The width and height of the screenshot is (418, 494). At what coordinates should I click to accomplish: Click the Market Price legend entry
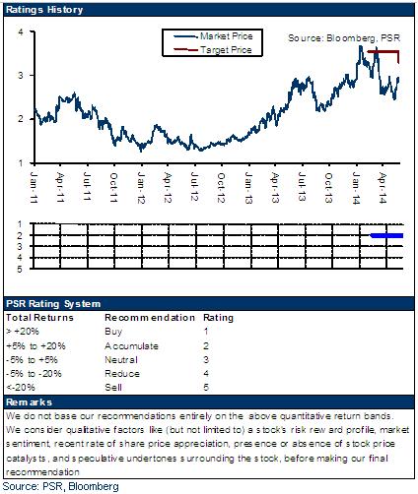[213, 36]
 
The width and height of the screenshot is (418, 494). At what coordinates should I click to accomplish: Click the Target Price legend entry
[213, 50]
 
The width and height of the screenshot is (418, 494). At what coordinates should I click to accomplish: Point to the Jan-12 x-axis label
[141, 188]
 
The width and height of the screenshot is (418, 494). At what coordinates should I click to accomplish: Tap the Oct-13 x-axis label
[328, 188]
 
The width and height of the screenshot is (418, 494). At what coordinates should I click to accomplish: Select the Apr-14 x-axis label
[383, 188]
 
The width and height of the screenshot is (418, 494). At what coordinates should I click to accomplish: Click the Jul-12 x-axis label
[195, 186]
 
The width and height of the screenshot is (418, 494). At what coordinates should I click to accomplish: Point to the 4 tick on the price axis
[21, 32]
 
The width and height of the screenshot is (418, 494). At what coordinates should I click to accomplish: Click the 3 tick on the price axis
[21, 76]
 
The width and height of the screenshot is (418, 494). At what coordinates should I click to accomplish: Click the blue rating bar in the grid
[386, 235]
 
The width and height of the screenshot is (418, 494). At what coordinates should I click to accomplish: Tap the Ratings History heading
[44, 10]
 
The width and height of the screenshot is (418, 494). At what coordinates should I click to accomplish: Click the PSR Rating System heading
[53, 304]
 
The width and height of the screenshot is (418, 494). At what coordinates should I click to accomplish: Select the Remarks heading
[29, 402]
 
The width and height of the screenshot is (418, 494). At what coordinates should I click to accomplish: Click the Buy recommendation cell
[113, 332]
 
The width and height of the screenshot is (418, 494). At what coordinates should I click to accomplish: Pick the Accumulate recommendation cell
[131, 346]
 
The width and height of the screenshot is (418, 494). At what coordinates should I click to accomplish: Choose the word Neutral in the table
[121, 360]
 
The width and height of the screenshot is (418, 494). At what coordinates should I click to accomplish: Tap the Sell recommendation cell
[113, 388]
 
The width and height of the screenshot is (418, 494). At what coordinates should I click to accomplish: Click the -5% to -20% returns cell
[34, 374]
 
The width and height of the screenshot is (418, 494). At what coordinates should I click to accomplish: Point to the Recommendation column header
[150, 318]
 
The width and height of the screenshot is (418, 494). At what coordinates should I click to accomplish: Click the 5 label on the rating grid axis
[20, 270]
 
